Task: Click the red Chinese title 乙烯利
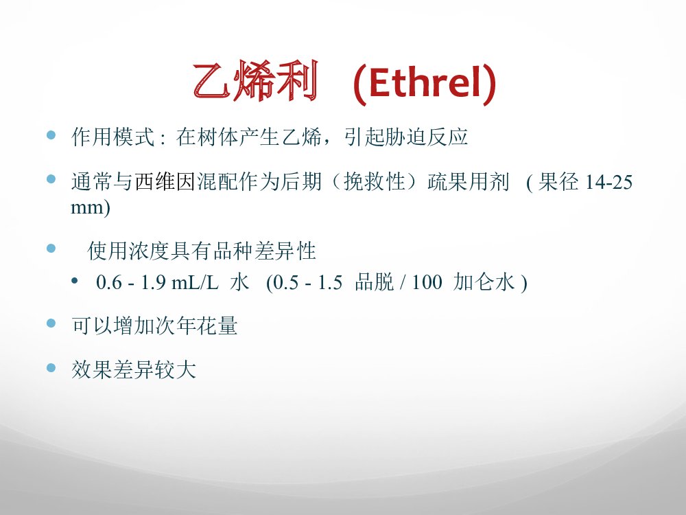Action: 255,82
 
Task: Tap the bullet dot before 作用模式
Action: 51,135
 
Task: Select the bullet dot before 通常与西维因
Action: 51,179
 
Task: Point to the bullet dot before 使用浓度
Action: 51,249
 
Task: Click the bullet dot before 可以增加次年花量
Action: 51,323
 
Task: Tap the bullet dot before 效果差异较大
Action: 51,367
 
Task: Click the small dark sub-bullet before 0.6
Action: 75,280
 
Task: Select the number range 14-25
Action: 608,182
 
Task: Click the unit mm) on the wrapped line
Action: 90,207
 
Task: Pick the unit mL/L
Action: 195,282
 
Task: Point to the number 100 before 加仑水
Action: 427,282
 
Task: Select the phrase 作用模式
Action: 113,137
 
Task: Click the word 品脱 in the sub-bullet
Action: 375,282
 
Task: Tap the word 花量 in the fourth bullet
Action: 217,325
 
